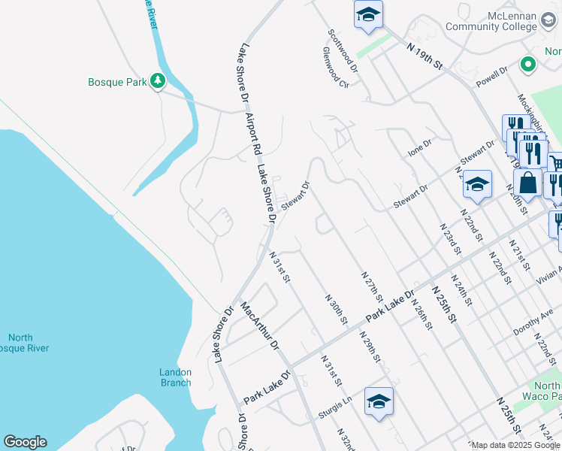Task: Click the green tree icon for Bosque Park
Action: coord(157,80)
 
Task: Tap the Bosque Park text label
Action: coord(117,82)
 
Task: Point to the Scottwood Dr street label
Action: coord(343,52)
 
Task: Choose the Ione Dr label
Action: coord(419,147)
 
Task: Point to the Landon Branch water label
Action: coord(175,377)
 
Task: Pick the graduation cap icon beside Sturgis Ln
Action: coord(379,401)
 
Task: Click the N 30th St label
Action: coord(336,310)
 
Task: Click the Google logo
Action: coord(25,442)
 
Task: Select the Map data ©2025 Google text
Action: coord(515,445)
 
